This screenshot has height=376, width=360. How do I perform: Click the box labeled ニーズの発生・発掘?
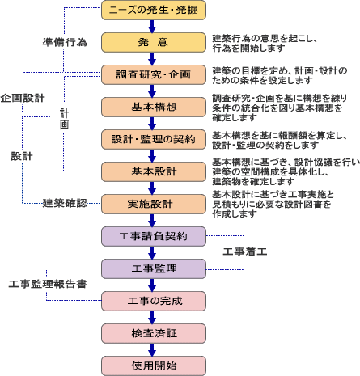(154, 11)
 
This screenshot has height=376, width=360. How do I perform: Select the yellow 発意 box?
(154, 43)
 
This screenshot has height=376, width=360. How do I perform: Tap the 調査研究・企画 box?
(154, 75)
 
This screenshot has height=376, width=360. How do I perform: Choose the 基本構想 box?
(154, 108)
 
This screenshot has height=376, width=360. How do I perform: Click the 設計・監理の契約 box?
(154, 140)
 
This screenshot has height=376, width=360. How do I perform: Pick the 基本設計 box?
(154, 172)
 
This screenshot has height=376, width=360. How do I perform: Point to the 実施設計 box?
(154, 205)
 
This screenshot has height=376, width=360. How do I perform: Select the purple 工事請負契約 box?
(154, 237)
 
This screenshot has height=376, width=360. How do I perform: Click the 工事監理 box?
(154, 269)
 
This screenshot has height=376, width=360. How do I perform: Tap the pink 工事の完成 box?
(154, 302)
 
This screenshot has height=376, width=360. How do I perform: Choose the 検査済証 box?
(154, 334)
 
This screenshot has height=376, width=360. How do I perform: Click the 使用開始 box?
(154, 366)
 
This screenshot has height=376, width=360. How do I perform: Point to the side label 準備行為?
(65, 42)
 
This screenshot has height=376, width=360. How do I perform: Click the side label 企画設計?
(23, 98)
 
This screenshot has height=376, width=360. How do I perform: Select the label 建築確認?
(65, 203)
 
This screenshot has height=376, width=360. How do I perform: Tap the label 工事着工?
(245, 251)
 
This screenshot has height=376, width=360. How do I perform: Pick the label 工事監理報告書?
(48, 284)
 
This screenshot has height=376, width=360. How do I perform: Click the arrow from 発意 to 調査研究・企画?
(152, 59)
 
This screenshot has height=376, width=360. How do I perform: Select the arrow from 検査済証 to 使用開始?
(152, 350)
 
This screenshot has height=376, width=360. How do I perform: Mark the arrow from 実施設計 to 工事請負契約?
(152, 221)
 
